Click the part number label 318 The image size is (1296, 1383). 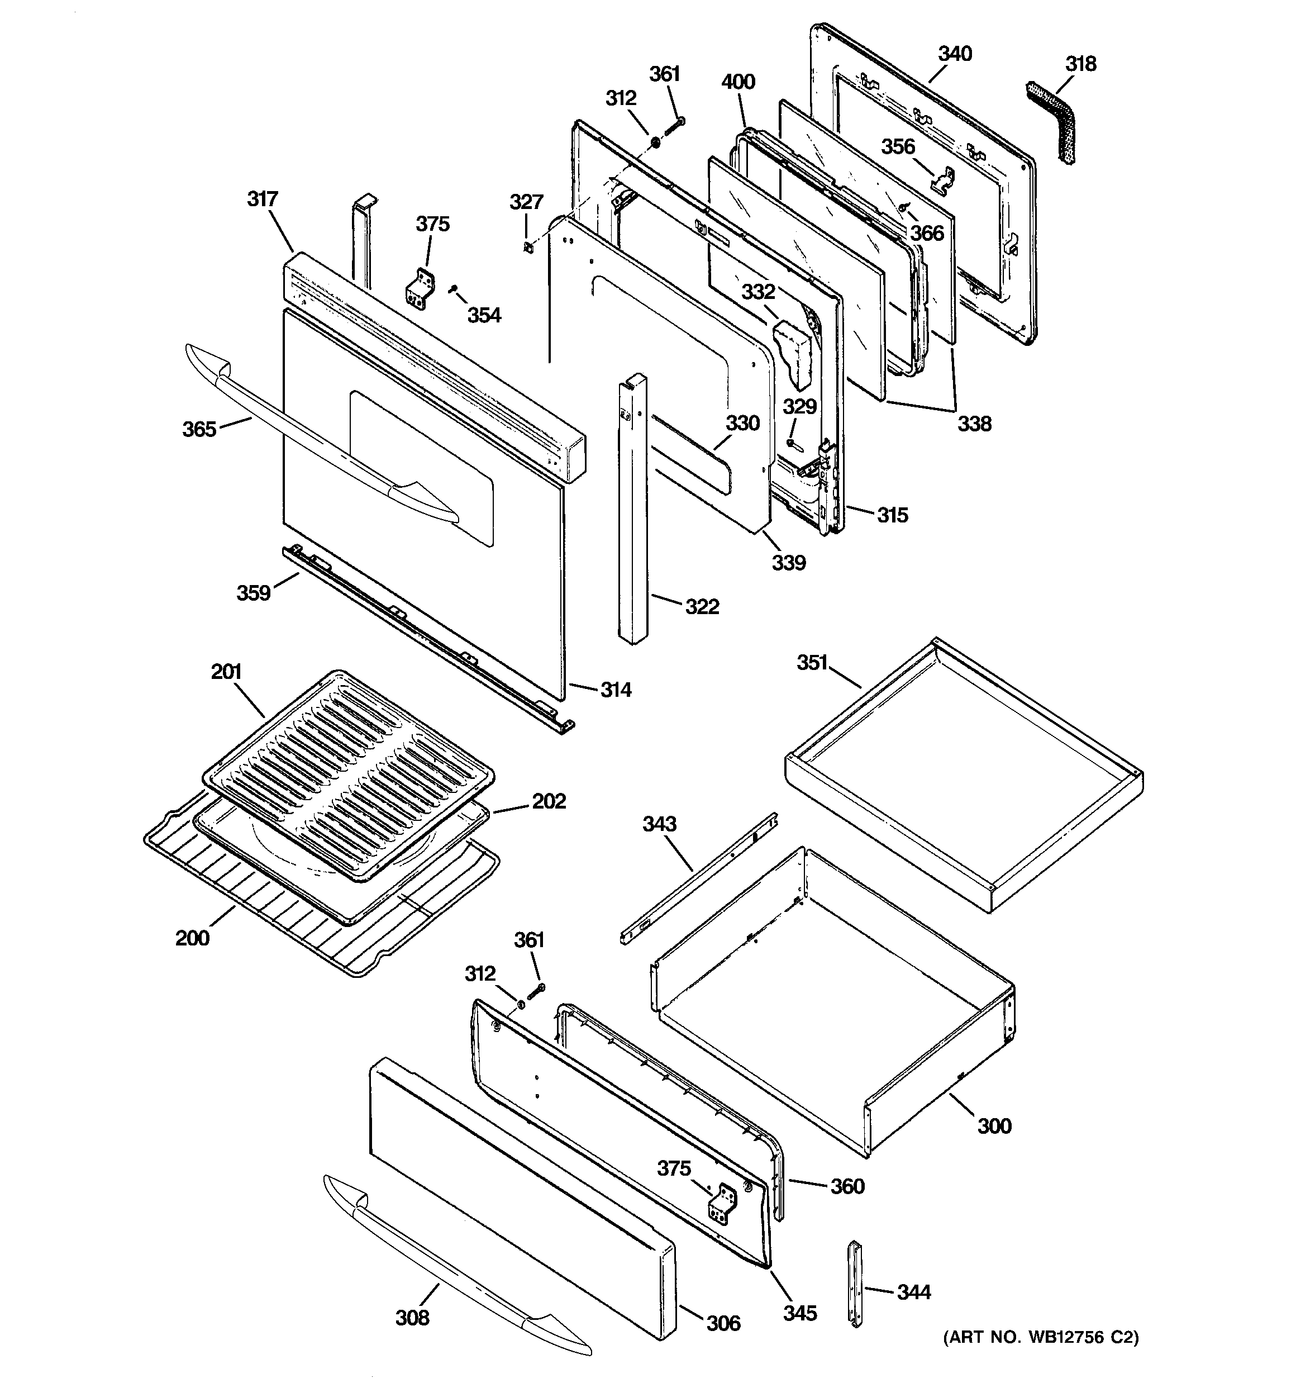(1080, 64)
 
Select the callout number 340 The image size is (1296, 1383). (955, 54)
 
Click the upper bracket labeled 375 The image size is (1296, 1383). (421, 289)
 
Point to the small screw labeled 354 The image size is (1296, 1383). (453, 288)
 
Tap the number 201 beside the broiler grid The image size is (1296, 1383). (226, 672)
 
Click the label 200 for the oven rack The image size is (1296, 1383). (192, 938)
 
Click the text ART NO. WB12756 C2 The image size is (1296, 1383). (1041, 1337)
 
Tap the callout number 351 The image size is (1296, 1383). (812, 663)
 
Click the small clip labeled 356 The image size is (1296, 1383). (941, 179)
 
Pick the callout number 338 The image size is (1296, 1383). (974, 424)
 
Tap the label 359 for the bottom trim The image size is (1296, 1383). (253, 593)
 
